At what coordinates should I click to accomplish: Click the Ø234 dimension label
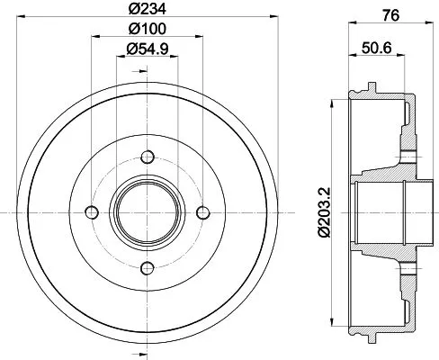(x=144, y=9)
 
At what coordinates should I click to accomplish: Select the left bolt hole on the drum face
(x=89, y=211)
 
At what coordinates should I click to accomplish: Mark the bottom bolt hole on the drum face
(x=145, y=267)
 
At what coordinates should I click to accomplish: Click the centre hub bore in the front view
(x=145, y=211)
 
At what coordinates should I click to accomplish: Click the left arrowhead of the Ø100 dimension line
(x=92, y=38)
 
